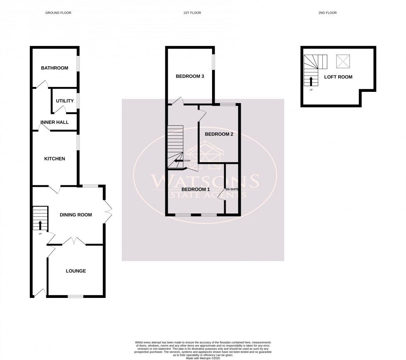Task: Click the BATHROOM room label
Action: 54,68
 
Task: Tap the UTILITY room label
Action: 65,101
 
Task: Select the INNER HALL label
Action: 55,122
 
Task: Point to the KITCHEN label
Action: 55,158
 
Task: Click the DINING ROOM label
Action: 76,215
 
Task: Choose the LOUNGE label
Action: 76,271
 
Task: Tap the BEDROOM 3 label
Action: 190,76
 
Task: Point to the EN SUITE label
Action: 232,189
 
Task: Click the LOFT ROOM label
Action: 342,77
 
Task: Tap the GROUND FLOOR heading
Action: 58,13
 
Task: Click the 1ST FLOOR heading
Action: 192,13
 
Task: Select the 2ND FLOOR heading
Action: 328,13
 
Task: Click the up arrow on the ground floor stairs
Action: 40,225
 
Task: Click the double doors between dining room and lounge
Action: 74,241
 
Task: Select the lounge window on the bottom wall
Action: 75,296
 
